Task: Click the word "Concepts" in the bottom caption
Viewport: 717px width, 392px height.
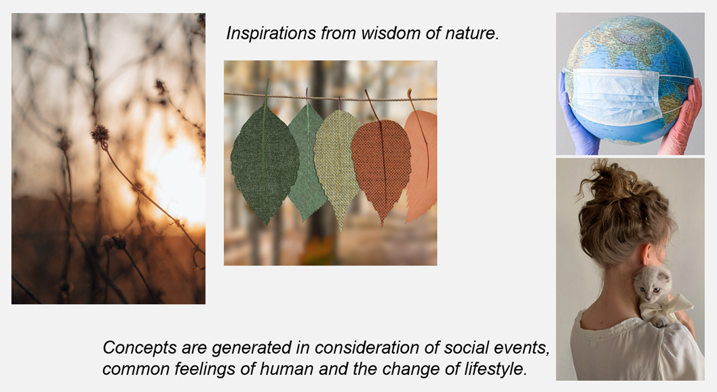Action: (x=140, y=348)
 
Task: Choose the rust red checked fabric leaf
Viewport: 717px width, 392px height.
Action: (x=381, y=169)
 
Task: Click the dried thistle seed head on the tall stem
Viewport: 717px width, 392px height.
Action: (x=100, y=135)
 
